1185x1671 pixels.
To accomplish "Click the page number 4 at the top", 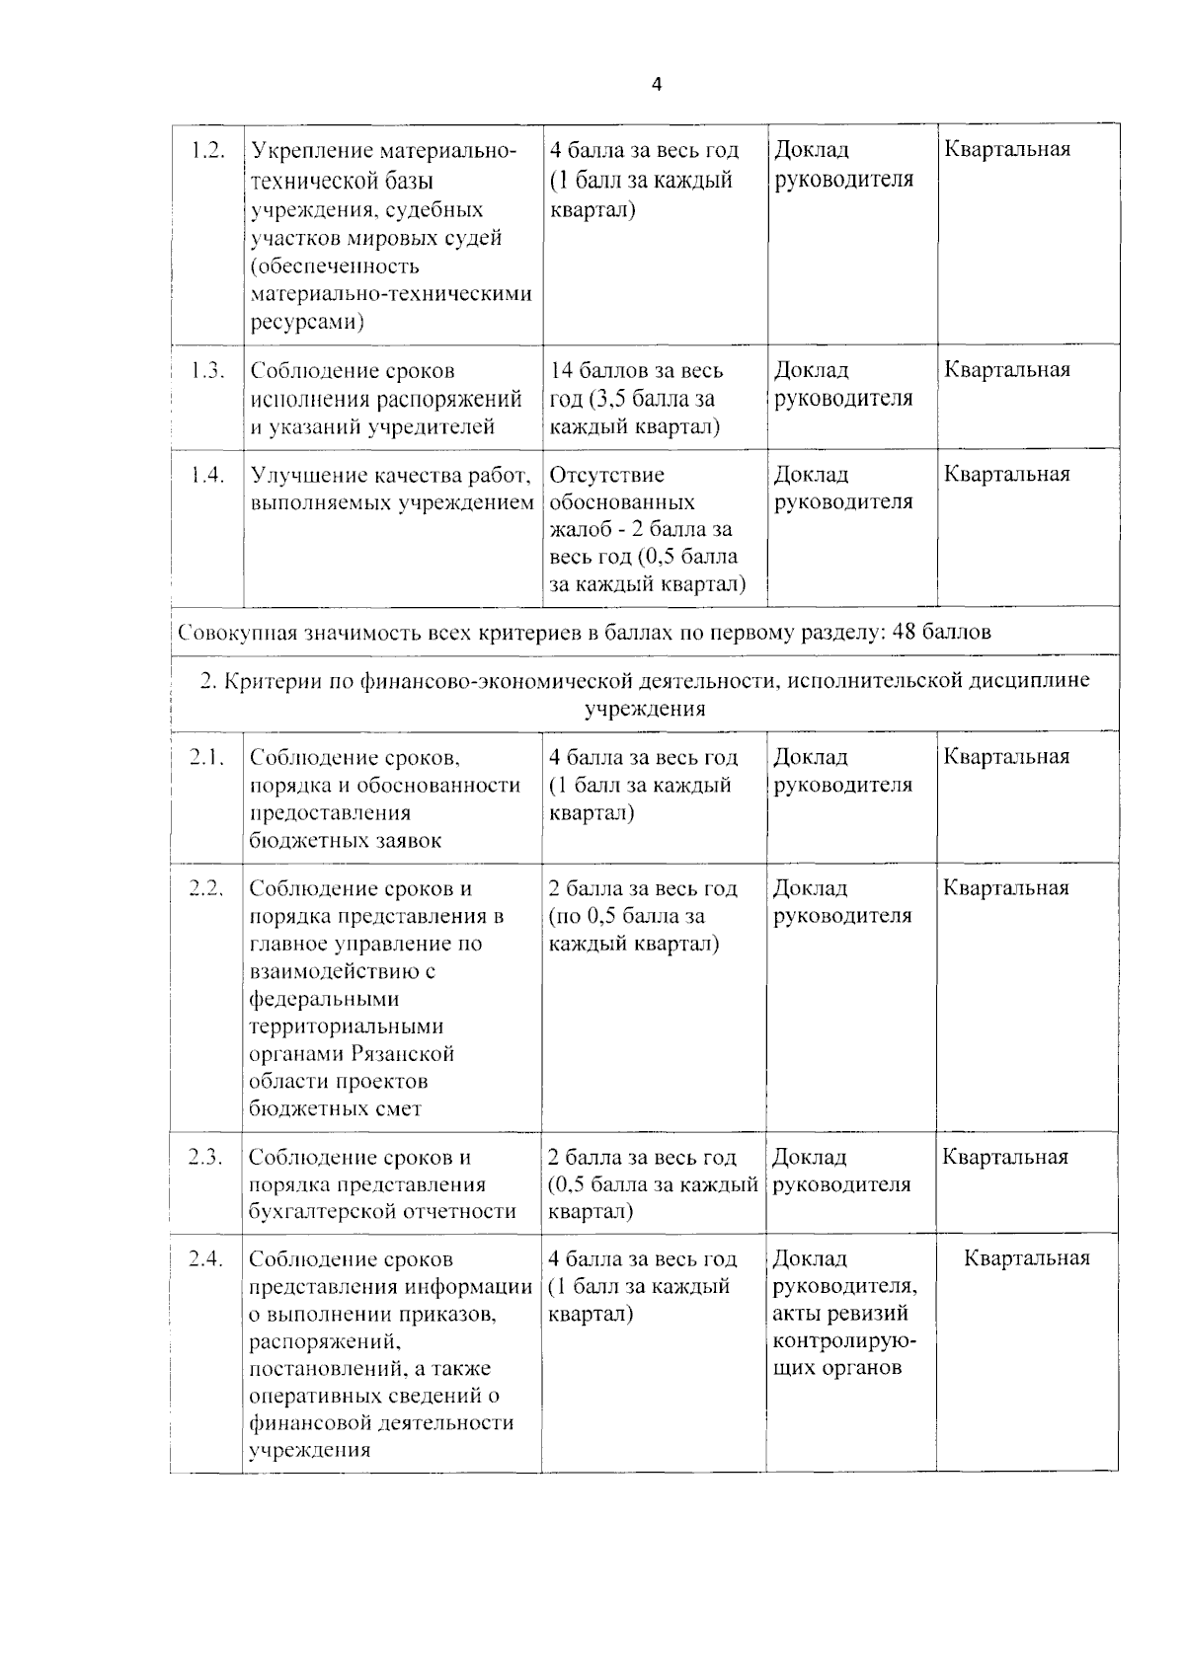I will [657, 85].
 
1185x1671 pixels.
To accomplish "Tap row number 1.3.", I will [208, 370].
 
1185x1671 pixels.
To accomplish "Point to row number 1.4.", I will [208, 475].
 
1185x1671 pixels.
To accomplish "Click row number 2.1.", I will [207, 757].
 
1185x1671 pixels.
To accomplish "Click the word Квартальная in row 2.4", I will [1027, 1258].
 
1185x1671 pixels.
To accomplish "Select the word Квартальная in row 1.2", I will [1007, 150].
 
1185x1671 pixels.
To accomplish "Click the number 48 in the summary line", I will [906, 632].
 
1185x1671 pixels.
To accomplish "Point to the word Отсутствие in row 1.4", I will [607, 475].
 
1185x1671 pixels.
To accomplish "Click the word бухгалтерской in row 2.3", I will [323, 1212].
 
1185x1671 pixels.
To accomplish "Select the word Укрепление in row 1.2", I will [309, 151].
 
